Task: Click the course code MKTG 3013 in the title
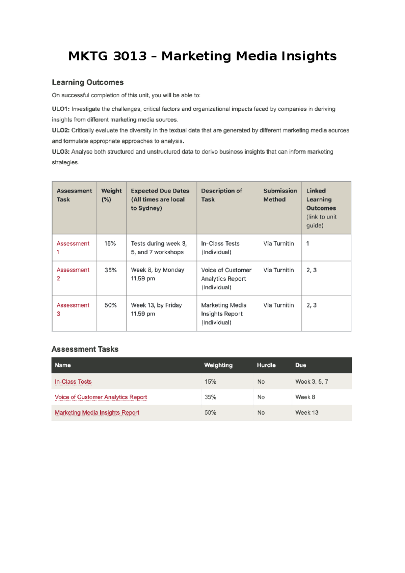(x=107, y=56)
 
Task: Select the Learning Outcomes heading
(x=88, y=82)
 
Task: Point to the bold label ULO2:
(x=61, y=130)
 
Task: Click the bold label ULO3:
(x=61, y=152)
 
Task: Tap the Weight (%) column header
(x=111, y=195)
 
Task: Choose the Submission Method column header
(x=280, y=195)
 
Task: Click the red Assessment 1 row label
(x=73, y=247)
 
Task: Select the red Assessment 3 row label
(x=73, y=309)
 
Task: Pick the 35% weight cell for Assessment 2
(x=110, y=270)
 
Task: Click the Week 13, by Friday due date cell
(x=156, y=309)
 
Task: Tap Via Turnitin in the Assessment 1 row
(x=278, y=243)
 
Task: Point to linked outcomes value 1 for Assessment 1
(x=307, y=243)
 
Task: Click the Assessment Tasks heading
(x=85, y=349)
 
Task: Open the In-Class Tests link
(x=73, y=382)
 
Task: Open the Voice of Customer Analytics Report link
(x=101, y=397)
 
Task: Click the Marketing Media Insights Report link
(x=97, y=413)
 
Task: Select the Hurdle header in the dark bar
(x=266, y=365)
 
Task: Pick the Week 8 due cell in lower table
(x=305, y=397)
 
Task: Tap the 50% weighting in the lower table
(x=210, y=413)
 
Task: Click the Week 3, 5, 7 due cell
(x=312, y=382)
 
